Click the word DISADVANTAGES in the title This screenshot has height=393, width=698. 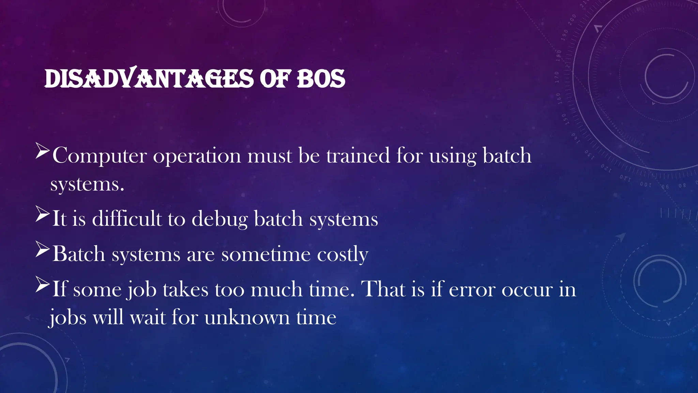149,78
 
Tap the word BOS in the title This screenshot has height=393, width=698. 321,78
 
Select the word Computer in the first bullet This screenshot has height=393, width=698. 100,156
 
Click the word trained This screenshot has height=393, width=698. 358,156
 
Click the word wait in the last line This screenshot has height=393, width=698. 148,318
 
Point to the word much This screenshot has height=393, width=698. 276,289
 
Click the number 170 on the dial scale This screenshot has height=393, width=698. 557,77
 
